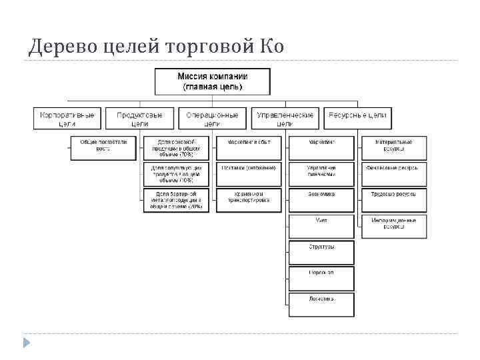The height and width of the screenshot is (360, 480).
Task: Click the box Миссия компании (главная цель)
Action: point(213,81)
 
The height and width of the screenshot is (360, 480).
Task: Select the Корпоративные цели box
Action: point(67,119)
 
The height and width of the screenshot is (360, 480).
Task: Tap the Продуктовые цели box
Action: point(140,119)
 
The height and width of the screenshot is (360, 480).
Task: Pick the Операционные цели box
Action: point(212,119)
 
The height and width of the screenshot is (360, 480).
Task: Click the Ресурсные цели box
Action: point(357,119)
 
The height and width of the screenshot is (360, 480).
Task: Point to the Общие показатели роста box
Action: point(103,147)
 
